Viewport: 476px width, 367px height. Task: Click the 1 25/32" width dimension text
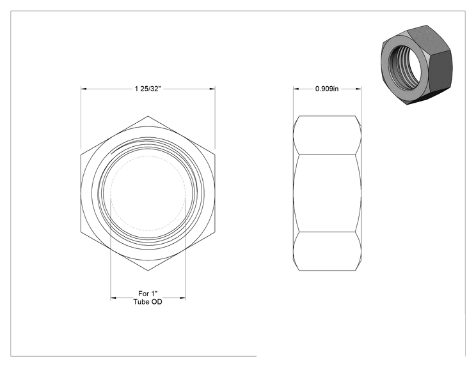(x=148, y=89)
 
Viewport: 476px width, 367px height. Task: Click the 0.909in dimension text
(x=327, y=89)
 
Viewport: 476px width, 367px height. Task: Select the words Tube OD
(x=148, y=302)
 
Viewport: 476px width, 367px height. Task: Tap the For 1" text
(x=148, y=294)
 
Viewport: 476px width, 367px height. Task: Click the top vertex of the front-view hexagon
(x=148, y=116)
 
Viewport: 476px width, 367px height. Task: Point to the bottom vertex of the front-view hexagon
(x=148, y=271)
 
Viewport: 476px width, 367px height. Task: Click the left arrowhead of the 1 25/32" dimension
(x=84, y=89)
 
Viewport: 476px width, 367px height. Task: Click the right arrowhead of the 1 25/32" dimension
(x=212, y=89)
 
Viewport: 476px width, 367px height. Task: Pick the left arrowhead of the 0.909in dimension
(x=296, y=89)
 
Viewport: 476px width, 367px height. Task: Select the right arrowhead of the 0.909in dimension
(x=358, y=89)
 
